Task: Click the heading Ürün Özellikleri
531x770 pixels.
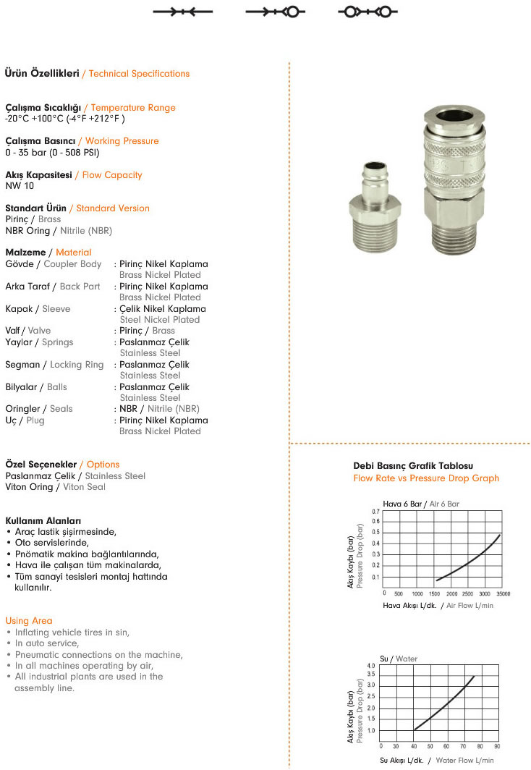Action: point(42,73)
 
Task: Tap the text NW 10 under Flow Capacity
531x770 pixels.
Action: point(20,185)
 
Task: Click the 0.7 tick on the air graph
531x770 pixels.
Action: point(375,512)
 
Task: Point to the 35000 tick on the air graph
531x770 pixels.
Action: point(502,593)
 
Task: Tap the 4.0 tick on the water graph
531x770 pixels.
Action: point(371,665)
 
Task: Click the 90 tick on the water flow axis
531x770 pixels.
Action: point(497,746)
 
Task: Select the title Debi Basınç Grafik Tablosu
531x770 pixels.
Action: point(413,466)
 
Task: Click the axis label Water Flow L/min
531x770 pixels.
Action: point(465,761)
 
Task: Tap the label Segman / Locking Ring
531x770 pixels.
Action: point(54,365)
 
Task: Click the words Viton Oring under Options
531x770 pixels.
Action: point(29,487)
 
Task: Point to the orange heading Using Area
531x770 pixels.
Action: point(29,621)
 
